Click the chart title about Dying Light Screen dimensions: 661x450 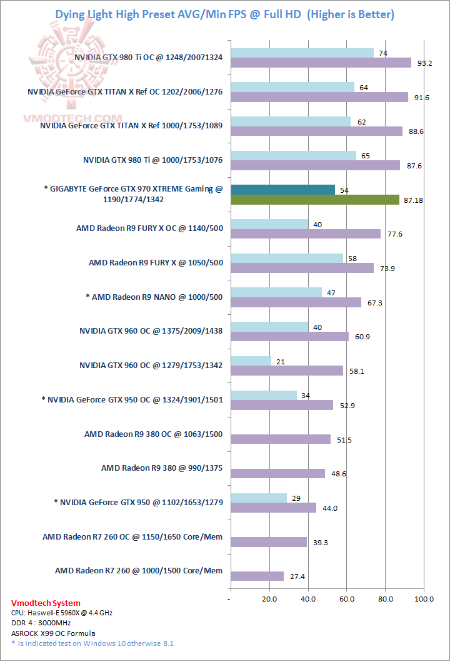tap(225, 14)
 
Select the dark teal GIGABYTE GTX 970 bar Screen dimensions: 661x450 tap(282, 190)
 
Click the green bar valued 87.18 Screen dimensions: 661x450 tap(315, 200)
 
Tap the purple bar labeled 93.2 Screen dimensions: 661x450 tap(321, 63)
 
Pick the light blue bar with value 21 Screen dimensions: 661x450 tap(251, 361)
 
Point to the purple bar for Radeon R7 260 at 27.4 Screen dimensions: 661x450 tap(257, 576)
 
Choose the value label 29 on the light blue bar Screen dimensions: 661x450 tap(296, 497)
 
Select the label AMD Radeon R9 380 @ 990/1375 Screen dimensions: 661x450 tap(162, 468)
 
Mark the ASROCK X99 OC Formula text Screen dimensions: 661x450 tap(53, 633)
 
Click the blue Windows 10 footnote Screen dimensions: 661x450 tap(92, 643)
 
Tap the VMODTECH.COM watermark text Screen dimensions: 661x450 tap(72, 118)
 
